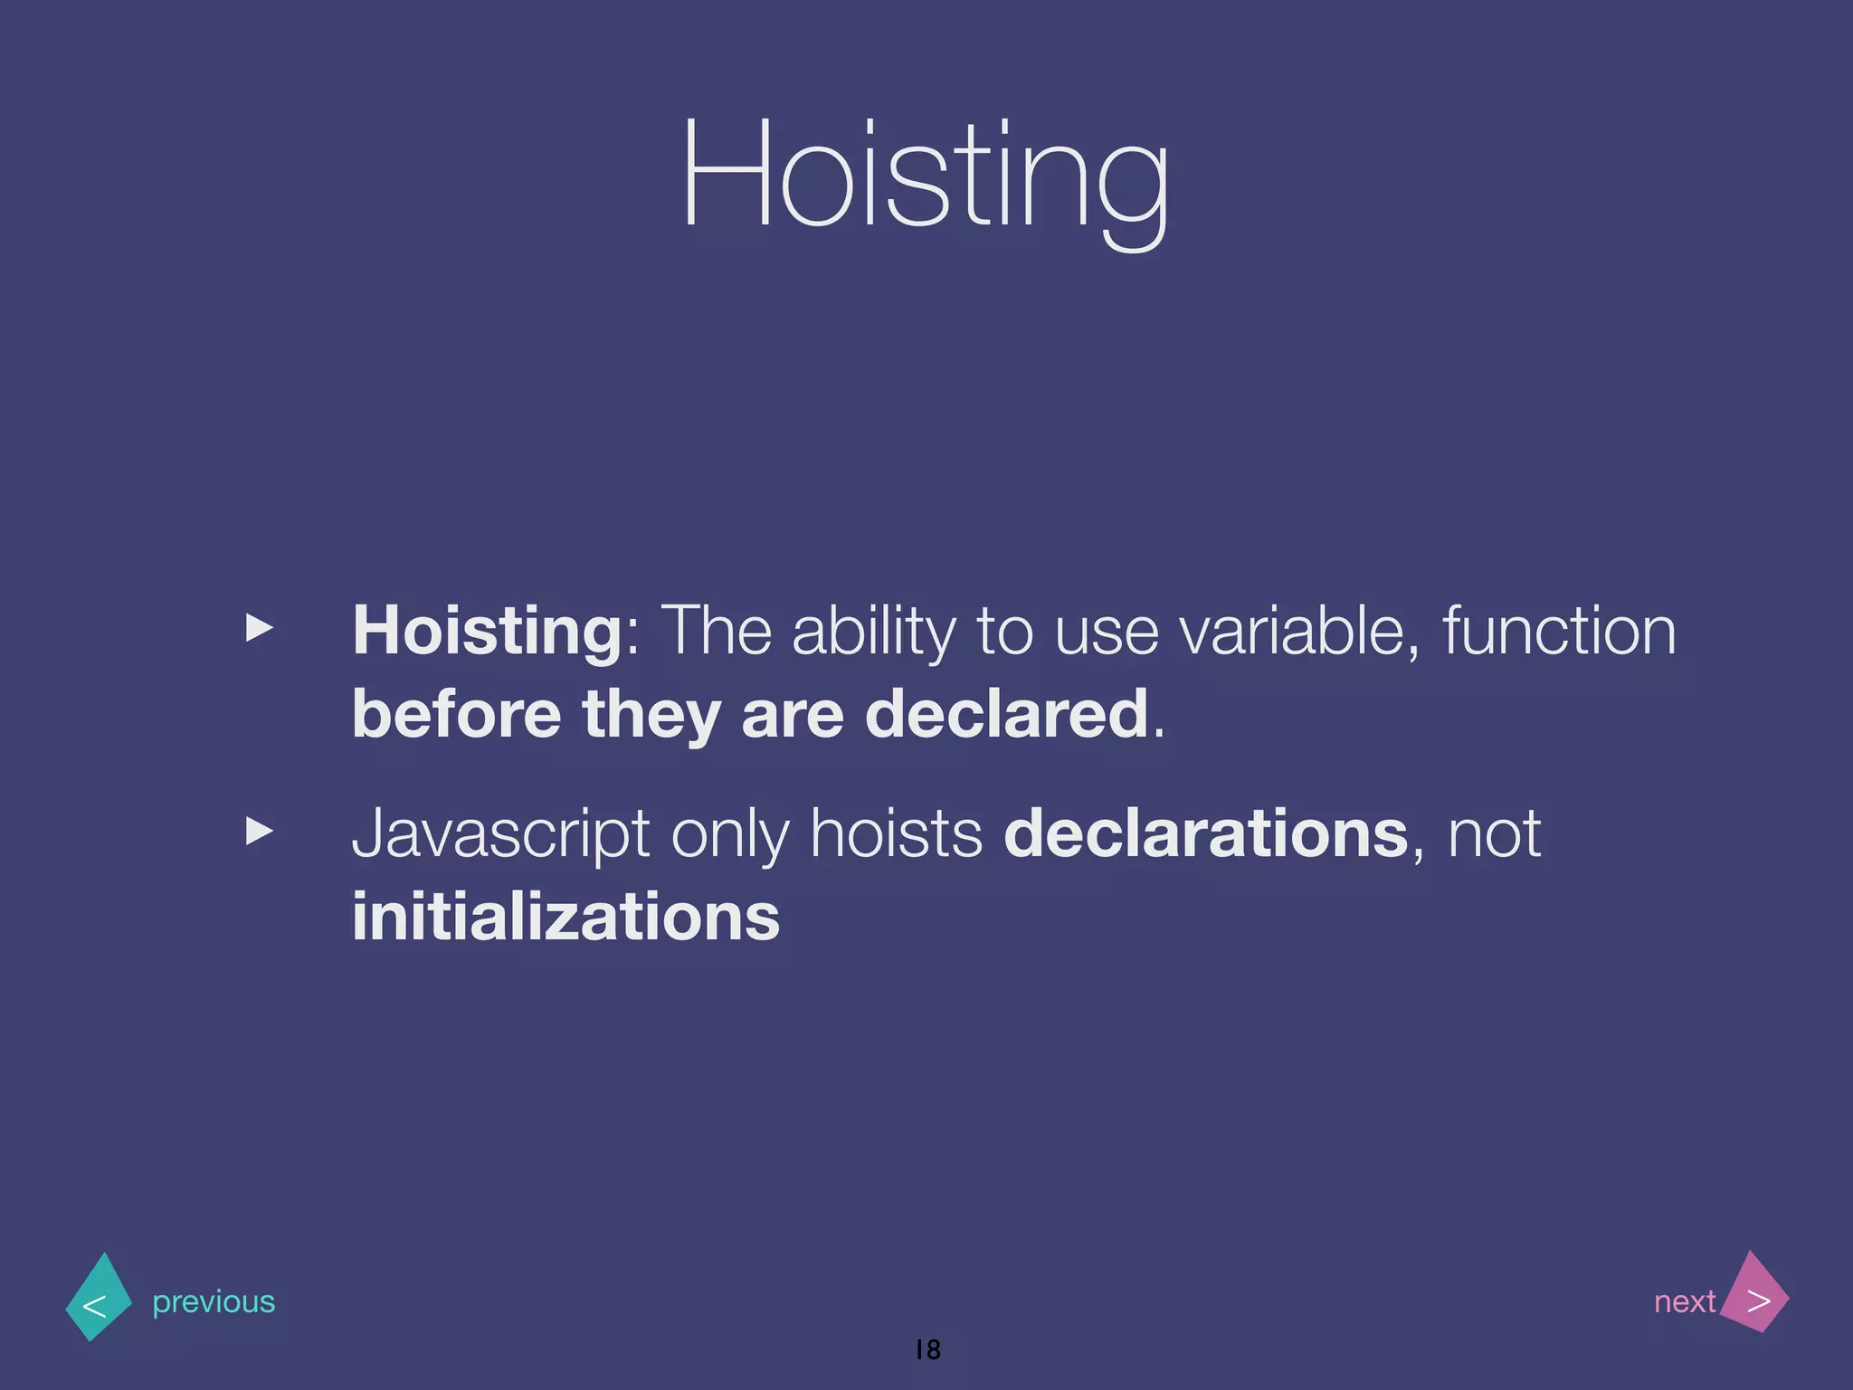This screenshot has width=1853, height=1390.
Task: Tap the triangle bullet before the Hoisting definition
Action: (260, 627)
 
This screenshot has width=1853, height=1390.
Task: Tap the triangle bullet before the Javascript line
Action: (260, 830)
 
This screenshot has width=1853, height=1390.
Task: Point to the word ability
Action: (873, 632)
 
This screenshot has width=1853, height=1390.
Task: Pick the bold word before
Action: (456, 714)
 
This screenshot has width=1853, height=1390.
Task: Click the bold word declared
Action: (1006, 714)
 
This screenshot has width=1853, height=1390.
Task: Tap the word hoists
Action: (896, 833)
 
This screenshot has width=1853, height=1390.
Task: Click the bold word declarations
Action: (1206, 833)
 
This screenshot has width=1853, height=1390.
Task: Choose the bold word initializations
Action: (565, 917)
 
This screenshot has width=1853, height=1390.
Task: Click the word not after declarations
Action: (1494, 834)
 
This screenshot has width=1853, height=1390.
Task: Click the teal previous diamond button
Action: (99, 1298)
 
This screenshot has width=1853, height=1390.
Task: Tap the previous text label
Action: (214, 1302)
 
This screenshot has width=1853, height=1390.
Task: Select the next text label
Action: (1684, 1301)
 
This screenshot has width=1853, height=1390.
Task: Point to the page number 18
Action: (928, 1349)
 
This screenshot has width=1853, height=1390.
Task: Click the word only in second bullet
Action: (729, 834)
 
